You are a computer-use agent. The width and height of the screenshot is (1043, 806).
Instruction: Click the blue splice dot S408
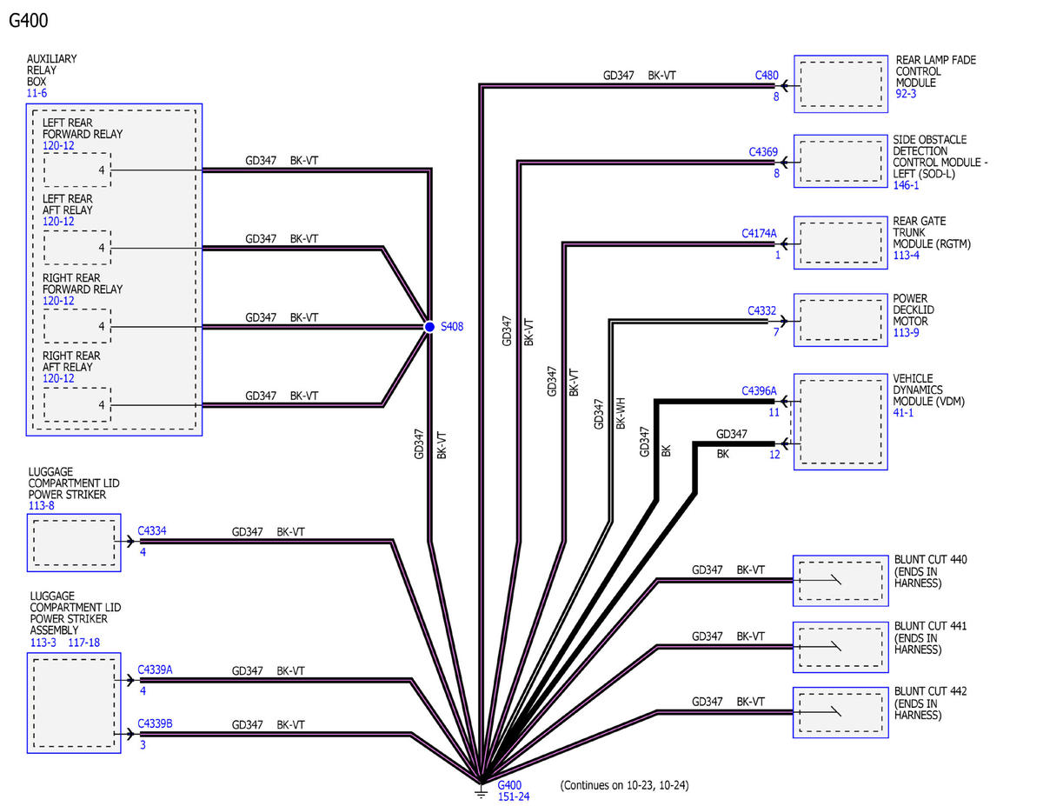coord(429,327)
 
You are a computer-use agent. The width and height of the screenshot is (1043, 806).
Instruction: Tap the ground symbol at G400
coord(481,790)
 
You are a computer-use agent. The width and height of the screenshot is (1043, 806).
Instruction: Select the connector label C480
coord(767,76)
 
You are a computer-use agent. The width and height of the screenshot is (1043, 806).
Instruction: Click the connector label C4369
coord(763,152)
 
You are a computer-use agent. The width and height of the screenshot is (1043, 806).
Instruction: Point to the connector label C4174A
coord(759,233)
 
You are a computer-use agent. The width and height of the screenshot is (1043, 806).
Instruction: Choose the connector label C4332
coord(761,311)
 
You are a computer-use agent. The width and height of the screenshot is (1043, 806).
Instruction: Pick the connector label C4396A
coord(759,391)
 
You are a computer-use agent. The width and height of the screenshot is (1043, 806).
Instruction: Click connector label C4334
coord(152,531)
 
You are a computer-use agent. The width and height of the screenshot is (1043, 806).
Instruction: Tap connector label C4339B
coord(155,723)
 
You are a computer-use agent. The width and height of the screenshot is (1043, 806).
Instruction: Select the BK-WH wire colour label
coord(621,413)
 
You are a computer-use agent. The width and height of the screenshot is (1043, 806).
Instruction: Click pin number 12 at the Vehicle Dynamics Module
coord(774,455)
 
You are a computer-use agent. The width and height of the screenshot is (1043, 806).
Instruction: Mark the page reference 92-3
coord(906,94)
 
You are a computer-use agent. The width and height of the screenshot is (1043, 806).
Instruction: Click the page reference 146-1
coord(906,185)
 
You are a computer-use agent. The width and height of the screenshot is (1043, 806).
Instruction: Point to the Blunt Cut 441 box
coord(840,647)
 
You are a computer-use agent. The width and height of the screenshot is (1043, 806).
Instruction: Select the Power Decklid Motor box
coord(840,320)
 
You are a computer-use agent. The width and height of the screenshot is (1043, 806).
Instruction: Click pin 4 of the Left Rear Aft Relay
coord(102,248)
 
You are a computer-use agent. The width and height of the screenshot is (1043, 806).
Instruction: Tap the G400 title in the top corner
coord(29,21)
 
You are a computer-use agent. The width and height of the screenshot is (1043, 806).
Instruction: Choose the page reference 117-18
coord(84,643)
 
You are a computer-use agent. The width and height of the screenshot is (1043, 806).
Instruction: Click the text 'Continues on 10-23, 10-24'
coord(624,785)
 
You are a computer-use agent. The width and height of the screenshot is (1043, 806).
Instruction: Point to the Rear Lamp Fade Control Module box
coord(840,84)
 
